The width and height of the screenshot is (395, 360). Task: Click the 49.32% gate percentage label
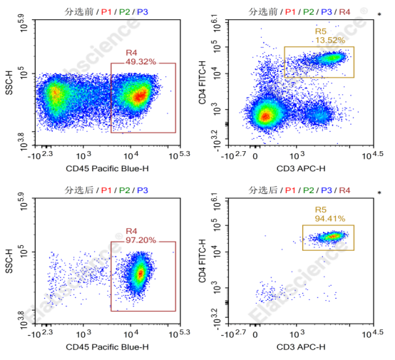click(141, 62)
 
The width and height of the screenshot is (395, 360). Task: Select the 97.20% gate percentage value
click(141, 240)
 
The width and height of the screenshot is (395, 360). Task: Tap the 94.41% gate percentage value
click(330, 219)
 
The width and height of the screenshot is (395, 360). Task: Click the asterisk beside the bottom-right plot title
click(379, 192)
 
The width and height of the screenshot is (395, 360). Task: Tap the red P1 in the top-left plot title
click(106, 12)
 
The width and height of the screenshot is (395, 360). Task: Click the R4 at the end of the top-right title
click(344, 12)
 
